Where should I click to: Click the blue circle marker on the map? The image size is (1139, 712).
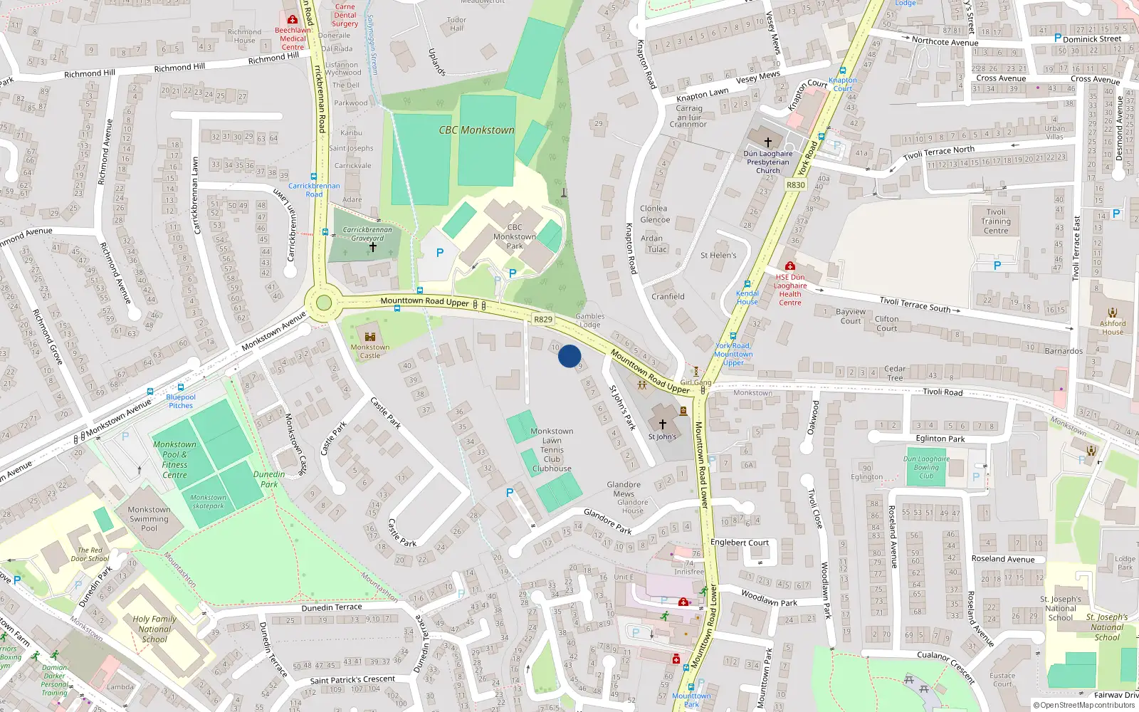point(569,356)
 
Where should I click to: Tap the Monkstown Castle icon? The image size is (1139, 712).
point(369,337)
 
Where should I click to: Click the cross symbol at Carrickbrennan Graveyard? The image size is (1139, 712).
point(372,247)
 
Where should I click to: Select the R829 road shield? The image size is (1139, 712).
point(543,319)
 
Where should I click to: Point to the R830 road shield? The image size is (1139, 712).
point(795,184)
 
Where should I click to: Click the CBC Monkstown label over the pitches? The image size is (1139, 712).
point(476,130)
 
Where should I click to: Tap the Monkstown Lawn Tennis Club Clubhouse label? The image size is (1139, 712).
point(552,450)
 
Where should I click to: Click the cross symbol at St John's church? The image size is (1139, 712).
point(662,424)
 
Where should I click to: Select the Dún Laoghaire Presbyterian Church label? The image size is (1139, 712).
point(768,162)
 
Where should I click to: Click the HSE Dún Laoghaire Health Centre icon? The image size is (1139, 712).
point(789,266)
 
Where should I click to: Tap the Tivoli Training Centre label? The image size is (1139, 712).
point(996,221)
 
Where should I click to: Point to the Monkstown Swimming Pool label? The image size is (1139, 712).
point(149,519)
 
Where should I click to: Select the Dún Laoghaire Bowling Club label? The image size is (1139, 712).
point(926,467)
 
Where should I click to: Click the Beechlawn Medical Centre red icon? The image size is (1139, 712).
point(292,20)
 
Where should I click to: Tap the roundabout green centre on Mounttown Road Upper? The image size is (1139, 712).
point(324,303)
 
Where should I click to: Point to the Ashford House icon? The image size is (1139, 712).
point(1113,313)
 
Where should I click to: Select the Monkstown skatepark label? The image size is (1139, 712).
point(208,501)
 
